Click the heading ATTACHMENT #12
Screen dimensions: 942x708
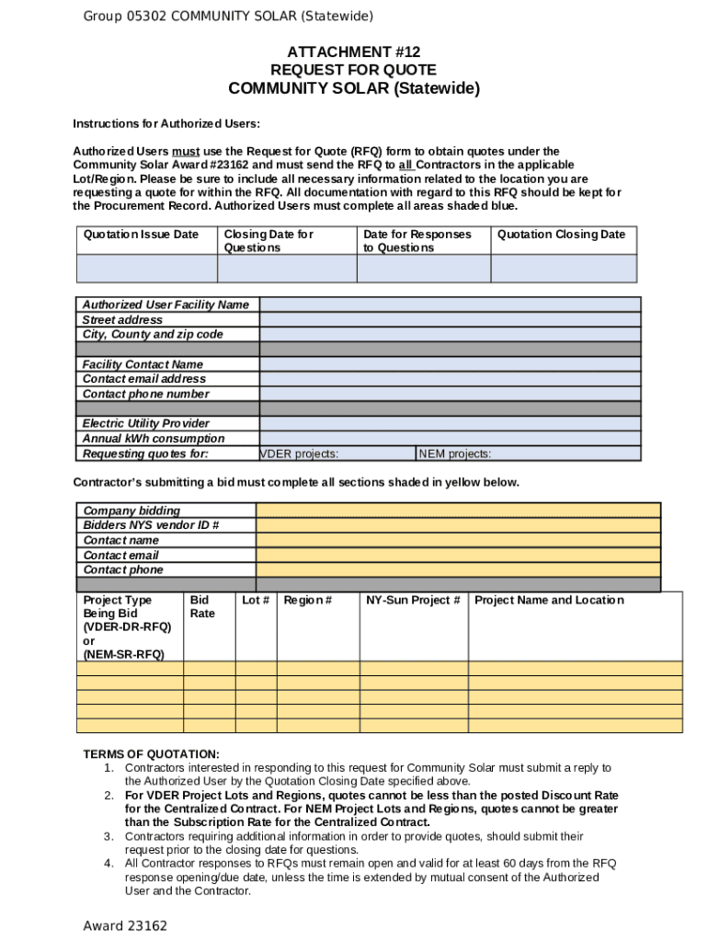pos(354,52)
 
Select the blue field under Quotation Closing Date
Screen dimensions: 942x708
pos(563,269)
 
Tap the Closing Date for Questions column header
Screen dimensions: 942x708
pos(268,241)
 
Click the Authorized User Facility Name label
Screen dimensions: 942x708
pos(166,304)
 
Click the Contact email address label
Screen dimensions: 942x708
pos(144,379)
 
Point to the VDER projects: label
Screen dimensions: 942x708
pos(300,454)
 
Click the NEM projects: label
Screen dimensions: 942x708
pos(455,454)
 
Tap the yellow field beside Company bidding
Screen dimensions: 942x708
pos(458,511)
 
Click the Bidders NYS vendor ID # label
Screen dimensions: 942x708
pos(151,525)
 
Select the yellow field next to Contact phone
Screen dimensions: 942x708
pos(458,570)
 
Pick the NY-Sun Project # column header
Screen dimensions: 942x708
pos(413,601)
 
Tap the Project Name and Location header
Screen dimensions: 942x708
pos(548,601)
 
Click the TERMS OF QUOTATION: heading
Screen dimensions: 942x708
pos(151,753)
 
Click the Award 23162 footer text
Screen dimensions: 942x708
pos(125,925)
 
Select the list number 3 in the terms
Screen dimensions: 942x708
pos(108,836)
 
